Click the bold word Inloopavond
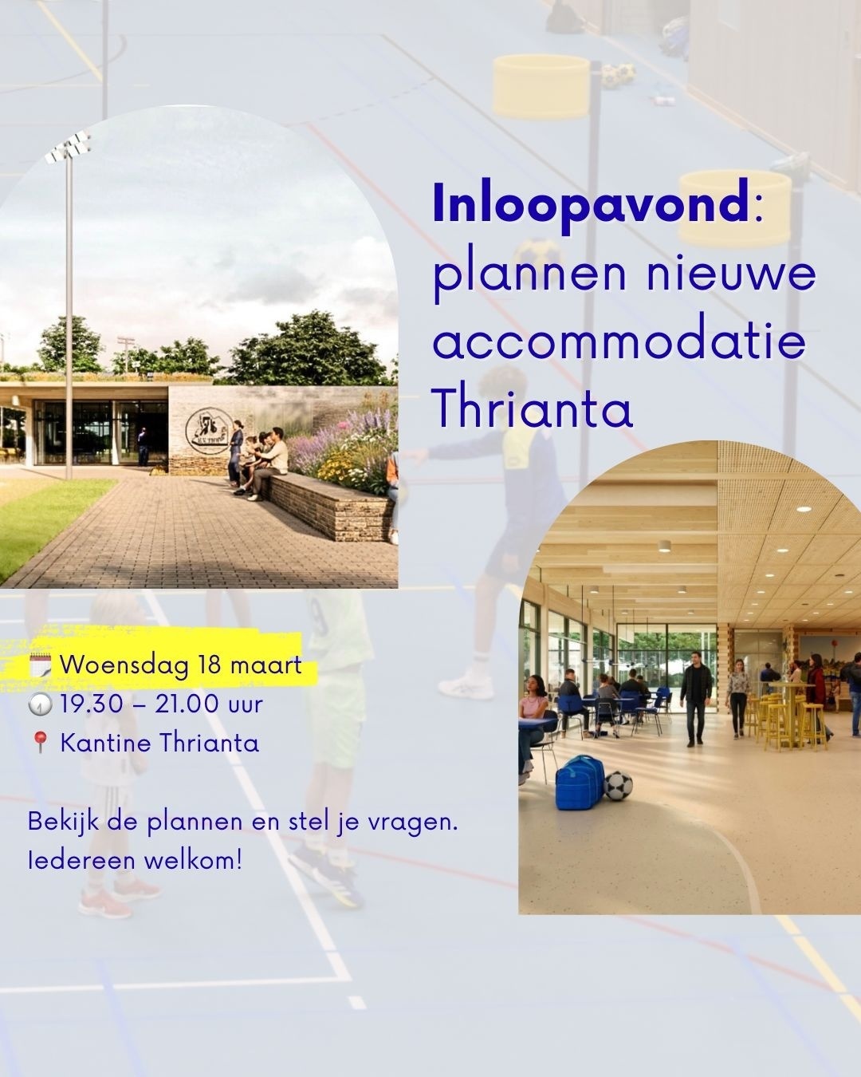pyautogui.click(x=590, y=205)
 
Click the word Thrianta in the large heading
pyautogui.click(x=532, y=409)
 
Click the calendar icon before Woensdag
pyautogui.click(x=41, y=665)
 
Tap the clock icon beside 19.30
pyautogui.click(x=40, y=704)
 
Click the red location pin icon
pyautogui.click(x=40, y=744)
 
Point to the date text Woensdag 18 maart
pyautogui.click(x=180, y=665)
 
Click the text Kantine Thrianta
pyautogui.click(x=159, y=744)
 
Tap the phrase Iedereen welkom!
pyautogui.click(x=134, y=861)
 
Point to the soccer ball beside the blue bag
pyautogui.click(x=618, y=785)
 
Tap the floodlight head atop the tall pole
pyautogui.click(x=68, y=148)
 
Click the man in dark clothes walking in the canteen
pyautogui.click(x=696, y=688)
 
